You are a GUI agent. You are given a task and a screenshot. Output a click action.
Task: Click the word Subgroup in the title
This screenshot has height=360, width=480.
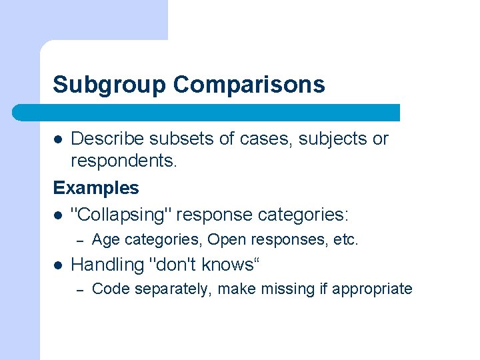pyautogui.click(x=109, y=85)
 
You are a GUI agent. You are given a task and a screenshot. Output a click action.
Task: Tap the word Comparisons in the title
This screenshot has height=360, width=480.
pyautogui.click(x=249, y=85)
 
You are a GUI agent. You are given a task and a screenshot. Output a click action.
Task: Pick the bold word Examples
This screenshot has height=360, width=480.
pyautogui.click(x=96, y=188)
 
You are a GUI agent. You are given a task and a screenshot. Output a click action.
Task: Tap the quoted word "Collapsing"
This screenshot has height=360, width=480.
pyautogui.click(x=121, y=215)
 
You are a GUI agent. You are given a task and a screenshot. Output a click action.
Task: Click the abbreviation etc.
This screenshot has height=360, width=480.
pyautogui.click(x=345, y=239)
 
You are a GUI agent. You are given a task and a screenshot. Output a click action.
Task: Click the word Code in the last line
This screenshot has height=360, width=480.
pyautogui.click(x=109, y=289)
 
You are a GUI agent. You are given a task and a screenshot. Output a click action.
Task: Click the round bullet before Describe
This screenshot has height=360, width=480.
pyautogui.click(x=59, y=139)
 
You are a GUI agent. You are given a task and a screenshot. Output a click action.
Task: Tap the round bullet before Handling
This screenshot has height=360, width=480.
pyautogui.click(x=59, y=265)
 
